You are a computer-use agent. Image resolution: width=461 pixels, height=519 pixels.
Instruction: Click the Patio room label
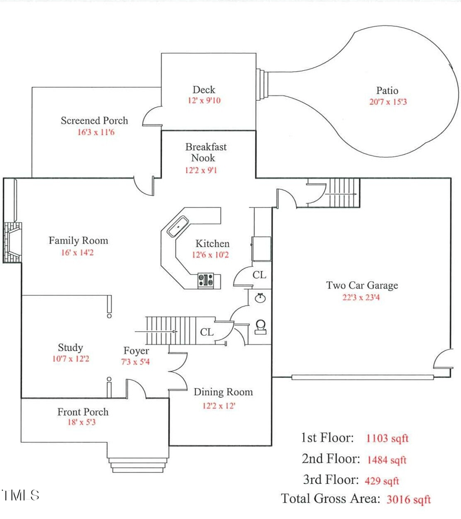(387, 90)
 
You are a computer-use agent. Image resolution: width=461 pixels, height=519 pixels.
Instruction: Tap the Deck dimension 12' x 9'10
(203, 100)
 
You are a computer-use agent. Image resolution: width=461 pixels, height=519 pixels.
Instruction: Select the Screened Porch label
(95, 120)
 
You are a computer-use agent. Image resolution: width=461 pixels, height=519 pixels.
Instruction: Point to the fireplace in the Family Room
(12, 243)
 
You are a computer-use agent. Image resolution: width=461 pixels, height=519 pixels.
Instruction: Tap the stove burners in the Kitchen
(206, 281)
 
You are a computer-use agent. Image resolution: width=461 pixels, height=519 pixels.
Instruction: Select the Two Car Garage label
(361, 285)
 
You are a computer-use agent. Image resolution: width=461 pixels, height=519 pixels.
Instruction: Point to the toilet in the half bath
(260, 327)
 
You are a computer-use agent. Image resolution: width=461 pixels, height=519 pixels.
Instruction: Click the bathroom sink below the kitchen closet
(260, 298)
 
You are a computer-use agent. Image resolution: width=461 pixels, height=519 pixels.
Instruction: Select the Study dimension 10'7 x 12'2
(70, 359)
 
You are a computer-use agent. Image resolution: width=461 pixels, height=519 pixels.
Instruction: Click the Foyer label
(136, 351)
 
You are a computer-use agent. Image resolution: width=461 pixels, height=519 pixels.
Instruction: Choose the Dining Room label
(223, 392)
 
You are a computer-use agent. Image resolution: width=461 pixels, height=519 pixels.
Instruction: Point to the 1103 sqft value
(387, 438)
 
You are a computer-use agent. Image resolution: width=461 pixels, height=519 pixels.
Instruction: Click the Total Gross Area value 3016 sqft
(408, 499)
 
